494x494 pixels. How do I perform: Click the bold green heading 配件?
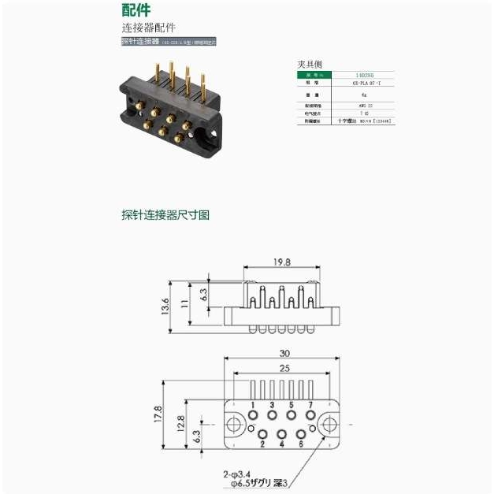tap(136, 10)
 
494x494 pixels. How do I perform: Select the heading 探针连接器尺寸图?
tap(165, 214)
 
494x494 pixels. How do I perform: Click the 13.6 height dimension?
tap(165, 306)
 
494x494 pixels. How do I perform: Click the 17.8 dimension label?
tap(158, 414)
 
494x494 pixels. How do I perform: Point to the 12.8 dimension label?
tap(180, 424)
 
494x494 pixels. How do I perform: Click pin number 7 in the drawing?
tap(310, 404)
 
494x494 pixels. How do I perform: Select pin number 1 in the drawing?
tap(253, 404)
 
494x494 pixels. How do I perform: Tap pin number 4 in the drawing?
tap(281, 444)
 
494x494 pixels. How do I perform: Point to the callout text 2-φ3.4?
tap(237, 474)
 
